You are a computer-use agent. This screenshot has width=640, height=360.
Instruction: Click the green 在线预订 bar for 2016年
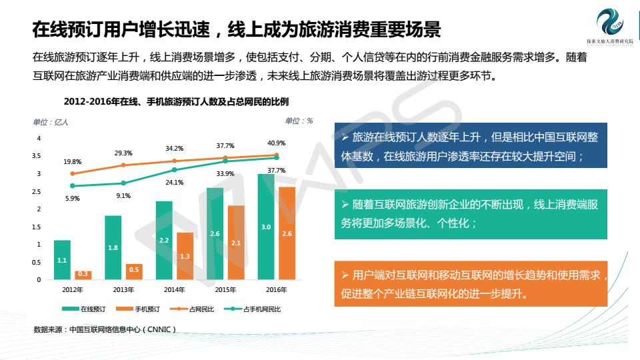[x=266, y=227]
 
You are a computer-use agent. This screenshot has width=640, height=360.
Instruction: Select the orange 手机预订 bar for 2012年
[x=83, y=275]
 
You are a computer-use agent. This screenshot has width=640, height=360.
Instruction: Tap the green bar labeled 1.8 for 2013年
[x=113, y=247]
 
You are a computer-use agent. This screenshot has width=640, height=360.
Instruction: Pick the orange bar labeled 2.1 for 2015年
[x=236, y=243]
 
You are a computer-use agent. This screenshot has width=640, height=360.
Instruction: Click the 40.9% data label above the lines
[x=276, y=143]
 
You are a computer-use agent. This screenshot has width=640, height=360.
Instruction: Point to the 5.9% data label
[x=72, y=198]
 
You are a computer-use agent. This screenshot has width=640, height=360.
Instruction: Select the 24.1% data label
[x=174, y=182]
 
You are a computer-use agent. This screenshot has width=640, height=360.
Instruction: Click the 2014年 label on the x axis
[x=174, y=290]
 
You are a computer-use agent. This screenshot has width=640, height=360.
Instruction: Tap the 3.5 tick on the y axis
[x=37, y=156]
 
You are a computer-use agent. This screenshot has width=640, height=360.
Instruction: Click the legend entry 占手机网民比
[x=257, y=309]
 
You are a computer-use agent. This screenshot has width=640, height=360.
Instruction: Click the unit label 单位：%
[x=299, y=121]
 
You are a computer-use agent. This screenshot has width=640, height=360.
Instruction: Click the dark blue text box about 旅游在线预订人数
[x=470, y=147]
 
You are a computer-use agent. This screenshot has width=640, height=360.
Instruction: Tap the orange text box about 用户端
[x=470, y=284]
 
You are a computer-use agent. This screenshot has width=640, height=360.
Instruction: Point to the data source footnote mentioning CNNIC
[x=105, y=329]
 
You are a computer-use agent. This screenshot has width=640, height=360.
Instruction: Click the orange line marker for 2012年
[x=72, y=173]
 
